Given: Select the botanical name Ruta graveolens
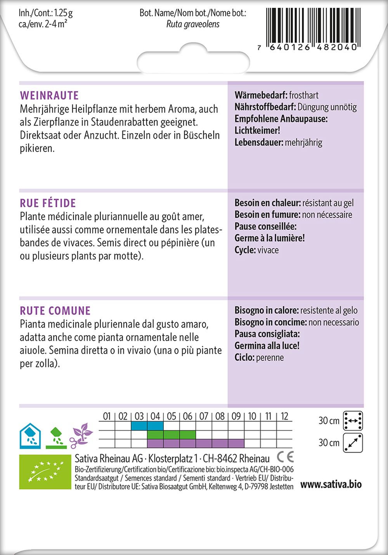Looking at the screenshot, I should (193, 24).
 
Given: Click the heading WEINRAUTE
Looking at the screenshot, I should (49, 95).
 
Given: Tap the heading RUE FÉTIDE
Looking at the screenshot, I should (48, 203).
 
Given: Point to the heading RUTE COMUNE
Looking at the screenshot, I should (55, 310).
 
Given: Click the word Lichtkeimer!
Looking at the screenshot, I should (257, 130).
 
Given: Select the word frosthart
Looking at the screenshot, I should (304, 95).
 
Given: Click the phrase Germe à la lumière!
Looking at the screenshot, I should (269, 238).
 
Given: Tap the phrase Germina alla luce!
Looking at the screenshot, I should (267, 345).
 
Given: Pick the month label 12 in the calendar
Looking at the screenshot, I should (284, 416).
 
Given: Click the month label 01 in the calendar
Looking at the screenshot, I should (107, 416).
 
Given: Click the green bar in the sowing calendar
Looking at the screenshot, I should (171, 434).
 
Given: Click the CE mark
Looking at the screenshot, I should (285, 457).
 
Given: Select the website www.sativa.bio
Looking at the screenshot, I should (331, 484).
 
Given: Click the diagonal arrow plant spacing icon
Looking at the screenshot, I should (353, 443).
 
